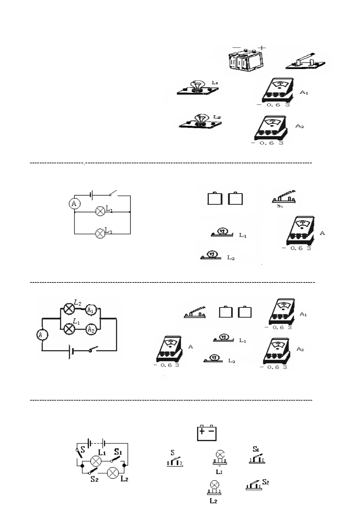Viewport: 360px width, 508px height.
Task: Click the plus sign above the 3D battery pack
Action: point(262,48)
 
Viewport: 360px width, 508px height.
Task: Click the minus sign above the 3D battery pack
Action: point(236,48)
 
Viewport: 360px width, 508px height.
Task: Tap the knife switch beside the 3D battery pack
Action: point(306,61)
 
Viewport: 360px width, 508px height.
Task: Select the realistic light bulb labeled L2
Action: point(200,120)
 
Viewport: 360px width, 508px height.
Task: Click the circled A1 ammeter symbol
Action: point(90,310)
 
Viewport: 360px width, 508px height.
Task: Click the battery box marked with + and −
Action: point(207,433)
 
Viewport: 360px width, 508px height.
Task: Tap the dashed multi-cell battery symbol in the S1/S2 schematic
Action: point(96,443)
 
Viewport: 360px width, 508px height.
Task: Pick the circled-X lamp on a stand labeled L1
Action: point(220,457)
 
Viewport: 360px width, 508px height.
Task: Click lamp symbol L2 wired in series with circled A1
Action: point(69,309)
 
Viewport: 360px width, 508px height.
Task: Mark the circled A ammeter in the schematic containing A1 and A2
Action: point(43,334)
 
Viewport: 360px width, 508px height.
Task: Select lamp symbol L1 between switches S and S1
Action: point(96,461)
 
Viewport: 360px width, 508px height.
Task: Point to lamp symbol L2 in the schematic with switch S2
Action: point(112,473)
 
